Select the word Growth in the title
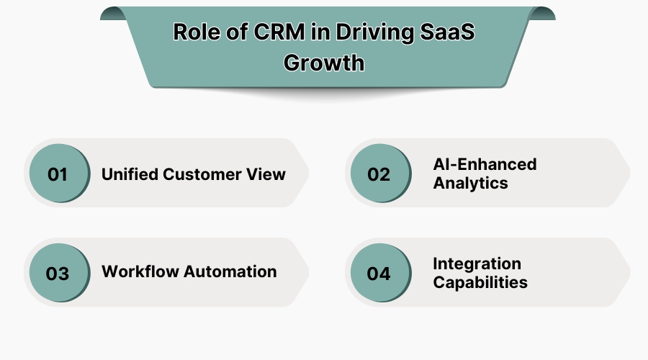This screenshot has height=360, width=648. [x=324, y=62]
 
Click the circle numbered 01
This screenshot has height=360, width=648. [x=58, y=174]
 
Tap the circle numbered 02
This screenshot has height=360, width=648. [x=379, y=174]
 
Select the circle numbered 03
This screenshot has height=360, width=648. [x=58, y=273]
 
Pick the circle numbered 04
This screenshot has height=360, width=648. [x=379, y=273]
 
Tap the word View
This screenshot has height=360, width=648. [x=268, y=174]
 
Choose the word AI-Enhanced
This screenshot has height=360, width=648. [x=485, y=164]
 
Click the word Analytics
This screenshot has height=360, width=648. [x=470, y=184]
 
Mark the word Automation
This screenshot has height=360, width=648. [x=230, y=271]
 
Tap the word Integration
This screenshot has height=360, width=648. [x=477, y=264]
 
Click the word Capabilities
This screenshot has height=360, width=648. [x=480, y=282]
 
